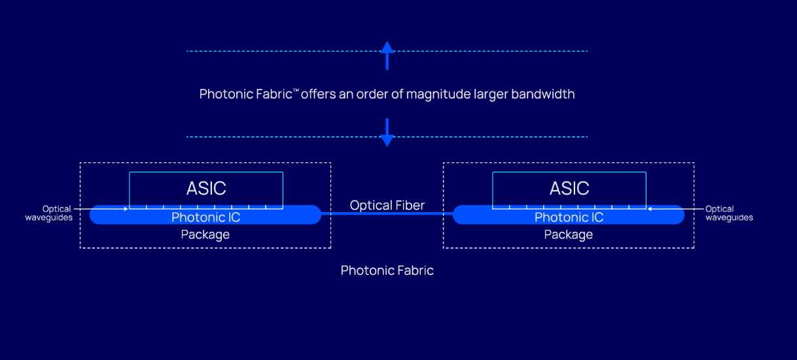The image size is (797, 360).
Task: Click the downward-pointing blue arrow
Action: (x=387, y=132)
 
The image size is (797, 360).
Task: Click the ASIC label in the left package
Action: (x=206, y=189)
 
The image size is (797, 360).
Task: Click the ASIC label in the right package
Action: (x=569, y=189)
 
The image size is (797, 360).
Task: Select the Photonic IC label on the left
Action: (x=205, y=217)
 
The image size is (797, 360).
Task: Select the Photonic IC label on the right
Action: (x=569, y=217)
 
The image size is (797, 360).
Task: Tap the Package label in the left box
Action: (x=205, y=234)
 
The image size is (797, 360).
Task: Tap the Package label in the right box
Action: (x=569, y=234)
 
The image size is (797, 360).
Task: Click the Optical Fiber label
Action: (x=387, y=206)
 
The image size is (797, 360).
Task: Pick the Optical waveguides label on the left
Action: (x=48, y=213)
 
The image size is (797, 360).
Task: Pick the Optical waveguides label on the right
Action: (x=729, y=213)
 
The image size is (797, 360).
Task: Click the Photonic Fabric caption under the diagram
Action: (x=387, y=270)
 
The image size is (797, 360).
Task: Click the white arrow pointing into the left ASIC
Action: (x=105, y=209)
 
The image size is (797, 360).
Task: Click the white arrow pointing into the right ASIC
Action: (x=671, y=209)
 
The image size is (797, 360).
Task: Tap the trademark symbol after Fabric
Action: (x=296, y=90)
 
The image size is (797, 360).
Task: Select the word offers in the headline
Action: (x=319, y=94)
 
